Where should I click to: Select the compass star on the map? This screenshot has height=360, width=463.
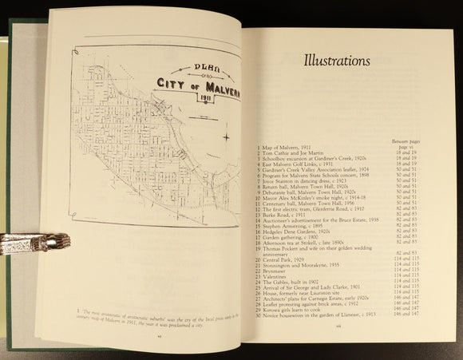coord(228,136)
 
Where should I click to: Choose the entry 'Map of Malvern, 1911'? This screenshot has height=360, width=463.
coord(287,151)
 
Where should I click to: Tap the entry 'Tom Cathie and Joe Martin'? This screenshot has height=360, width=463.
coord(294,157)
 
